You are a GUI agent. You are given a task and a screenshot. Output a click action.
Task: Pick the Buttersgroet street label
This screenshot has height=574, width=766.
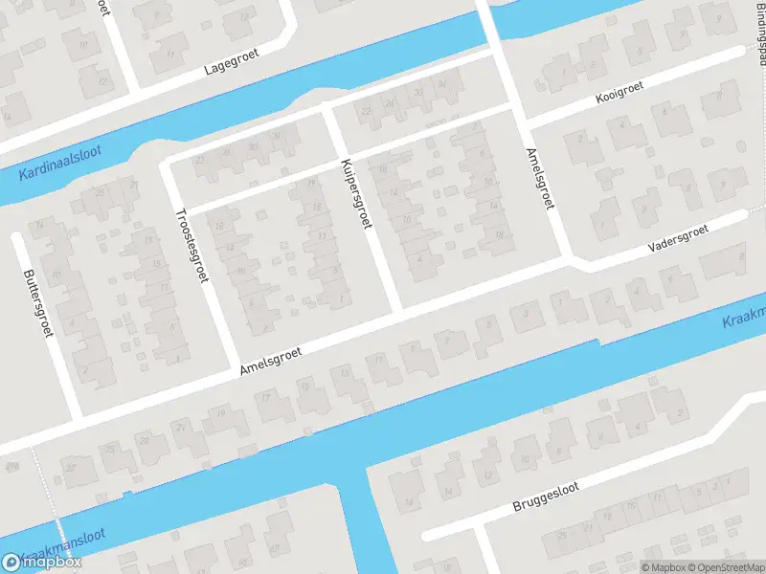tap(37, 301)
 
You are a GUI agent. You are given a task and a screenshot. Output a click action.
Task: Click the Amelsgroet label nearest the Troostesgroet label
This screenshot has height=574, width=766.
tap(270, 361)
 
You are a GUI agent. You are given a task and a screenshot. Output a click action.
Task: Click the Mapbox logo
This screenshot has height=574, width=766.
tap(42, 562)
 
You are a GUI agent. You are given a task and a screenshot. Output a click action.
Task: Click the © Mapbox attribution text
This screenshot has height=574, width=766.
tap(663, 566)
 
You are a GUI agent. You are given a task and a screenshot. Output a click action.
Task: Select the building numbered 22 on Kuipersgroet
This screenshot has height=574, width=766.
tap(365, 113)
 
